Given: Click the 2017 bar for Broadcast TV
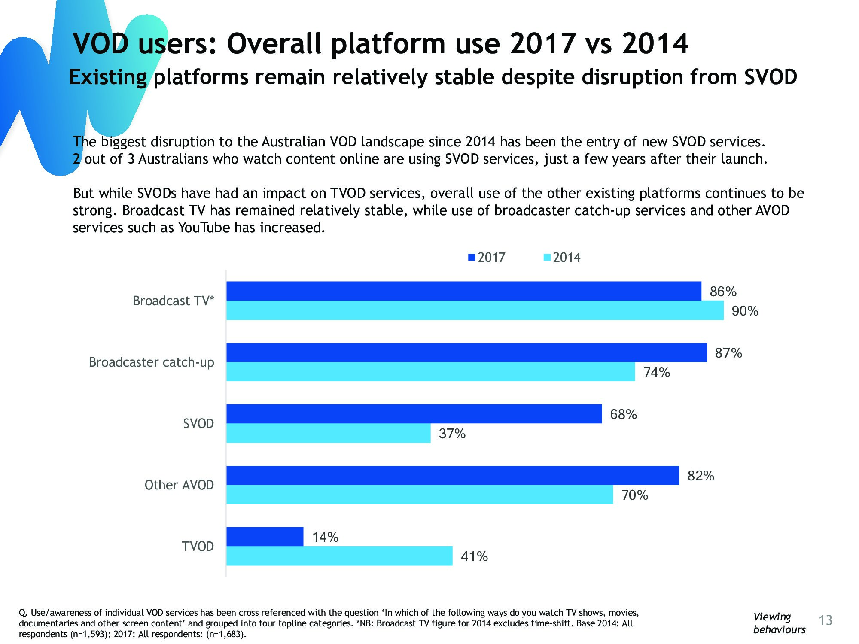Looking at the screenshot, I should (x=464, y=291).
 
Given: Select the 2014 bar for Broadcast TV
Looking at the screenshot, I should (x=475, y=310).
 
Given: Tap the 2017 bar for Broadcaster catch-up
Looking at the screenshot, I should (x=466, y=352).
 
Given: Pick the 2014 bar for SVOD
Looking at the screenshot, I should (x=328, y=433).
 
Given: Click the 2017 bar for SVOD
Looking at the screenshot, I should (x=414, y=414).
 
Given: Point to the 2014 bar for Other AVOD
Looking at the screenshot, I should (x=420, y=495).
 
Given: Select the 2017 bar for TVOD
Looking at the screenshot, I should (x=265, y=537).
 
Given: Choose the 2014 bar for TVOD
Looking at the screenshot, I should (x=339, y=556).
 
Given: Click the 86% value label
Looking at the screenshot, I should (x=723, y=292).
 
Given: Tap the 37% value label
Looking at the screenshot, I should (x=452, y=434).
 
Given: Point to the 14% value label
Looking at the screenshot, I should (x=325, y=537).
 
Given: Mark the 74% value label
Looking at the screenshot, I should (x=656, y=372).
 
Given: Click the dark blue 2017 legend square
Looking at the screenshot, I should (x=472, y=258).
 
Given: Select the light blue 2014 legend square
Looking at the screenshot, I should (x=547, y=258).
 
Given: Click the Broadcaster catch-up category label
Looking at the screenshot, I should (x=151, y=362).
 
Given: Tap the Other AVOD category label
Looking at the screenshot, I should (x=179, y=485).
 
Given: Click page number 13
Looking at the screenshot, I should (x=825, y=620).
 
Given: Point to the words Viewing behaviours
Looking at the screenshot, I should (x=779, y=623).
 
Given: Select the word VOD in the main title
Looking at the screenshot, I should (x=101, y=44).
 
